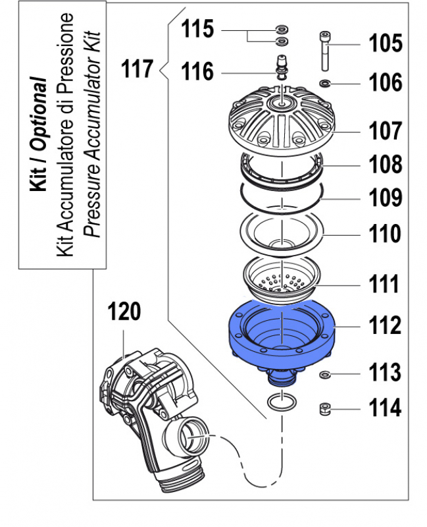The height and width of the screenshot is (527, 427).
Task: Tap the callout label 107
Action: pyautogui.click(x=384, y=131)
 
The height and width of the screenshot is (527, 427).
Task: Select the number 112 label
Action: pyautogui.click(x=384, y=325)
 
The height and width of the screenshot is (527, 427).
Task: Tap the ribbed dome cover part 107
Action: pyautogui.click(x=282, y=123)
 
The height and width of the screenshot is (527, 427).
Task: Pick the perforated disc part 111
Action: pyautogui.click(x=282, y=279)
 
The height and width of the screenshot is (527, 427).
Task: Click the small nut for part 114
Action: pyautogui.click(x=324, y=408)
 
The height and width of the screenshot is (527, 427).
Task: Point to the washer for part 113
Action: pyautogui.click(x=324, y=375)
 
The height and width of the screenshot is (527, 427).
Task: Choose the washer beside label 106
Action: pyautogui.click(x=324, y=83)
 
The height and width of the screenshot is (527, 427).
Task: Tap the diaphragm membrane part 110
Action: pyautogui.click(x=282, y=234)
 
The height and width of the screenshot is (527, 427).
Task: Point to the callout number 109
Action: pyautogui.click(x=384, y=197)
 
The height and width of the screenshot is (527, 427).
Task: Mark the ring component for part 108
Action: pyautogui.click(x=282, y=169)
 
